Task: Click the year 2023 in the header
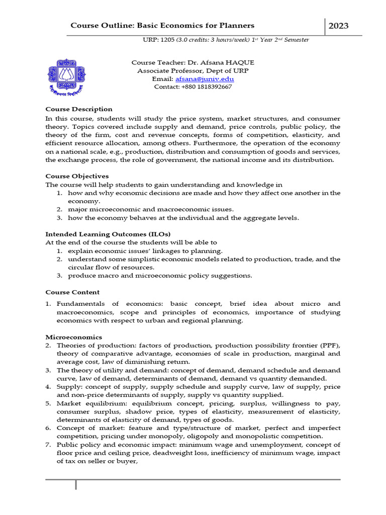(x=338, y=26)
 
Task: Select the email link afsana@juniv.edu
(x=205, y=79)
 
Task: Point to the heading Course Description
(x=79, y=109)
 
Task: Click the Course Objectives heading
(x=77, y=176)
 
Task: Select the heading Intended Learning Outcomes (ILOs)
(x=108, y=234)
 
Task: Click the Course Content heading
(x=72, y=292)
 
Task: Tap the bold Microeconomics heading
(x=74, y=337)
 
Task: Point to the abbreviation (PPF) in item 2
(x=330, y=346)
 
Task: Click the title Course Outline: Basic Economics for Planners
(x=162, y=26)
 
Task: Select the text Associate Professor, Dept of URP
(x=193, y=71)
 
